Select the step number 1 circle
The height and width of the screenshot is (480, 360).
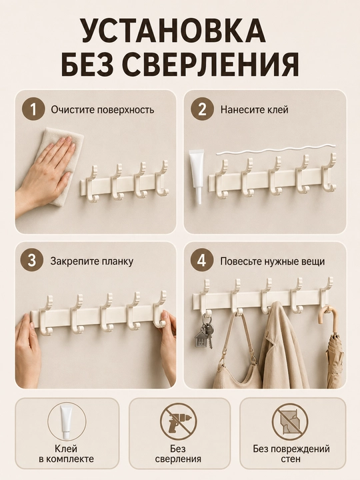click(33, 109)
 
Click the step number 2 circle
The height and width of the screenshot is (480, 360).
click(203, 109)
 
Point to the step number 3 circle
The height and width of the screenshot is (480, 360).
click(32, 261)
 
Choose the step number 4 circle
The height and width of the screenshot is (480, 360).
click(202, 261)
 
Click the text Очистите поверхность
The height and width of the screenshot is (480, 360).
click(103, 109)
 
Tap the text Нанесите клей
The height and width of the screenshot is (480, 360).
click(255, 109)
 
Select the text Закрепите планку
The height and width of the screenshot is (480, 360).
click(92, 262)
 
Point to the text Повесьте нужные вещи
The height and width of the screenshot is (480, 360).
click(273, 262)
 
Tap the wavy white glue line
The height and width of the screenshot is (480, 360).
click(274, 150)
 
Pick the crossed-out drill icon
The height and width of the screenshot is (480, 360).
click(179, 421)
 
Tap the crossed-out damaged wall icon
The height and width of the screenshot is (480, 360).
click(290, 421)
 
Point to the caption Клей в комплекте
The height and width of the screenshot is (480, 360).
click(66, 454)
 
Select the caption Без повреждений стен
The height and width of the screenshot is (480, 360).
click(291, 454)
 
